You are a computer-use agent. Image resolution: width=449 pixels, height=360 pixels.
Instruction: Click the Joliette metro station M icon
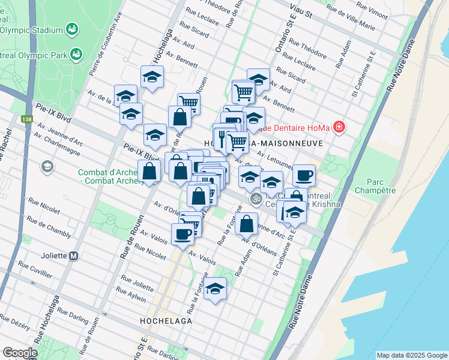(x=73, y=255)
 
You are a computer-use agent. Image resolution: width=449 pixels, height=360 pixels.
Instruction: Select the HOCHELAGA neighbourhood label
(x=166, y=320)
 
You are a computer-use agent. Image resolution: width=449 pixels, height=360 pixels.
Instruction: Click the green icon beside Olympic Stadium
(x=72, y=29)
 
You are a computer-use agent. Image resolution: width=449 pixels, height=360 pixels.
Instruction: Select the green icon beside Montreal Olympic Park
(x=76, y=55)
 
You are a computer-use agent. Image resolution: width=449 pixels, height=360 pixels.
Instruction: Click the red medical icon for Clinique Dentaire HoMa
(x=339, y=127)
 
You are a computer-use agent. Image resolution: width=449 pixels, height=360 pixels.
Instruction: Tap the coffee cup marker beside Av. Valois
(x=182, y=234)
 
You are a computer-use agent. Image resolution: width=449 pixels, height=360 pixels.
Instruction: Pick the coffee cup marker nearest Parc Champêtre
(x=304, y=175)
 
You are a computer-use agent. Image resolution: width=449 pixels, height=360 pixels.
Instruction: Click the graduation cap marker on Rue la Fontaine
(x=214, y=289)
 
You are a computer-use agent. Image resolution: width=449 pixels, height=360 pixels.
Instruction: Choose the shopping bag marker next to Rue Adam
(x=246, y=224)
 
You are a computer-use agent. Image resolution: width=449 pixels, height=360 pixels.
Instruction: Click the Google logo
(x=20, y=353)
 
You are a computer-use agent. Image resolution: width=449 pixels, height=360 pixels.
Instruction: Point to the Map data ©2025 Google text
(x=412, y=355)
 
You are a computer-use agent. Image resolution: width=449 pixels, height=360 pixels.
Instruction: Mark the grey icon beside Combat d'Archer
(x=47, y=166)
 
